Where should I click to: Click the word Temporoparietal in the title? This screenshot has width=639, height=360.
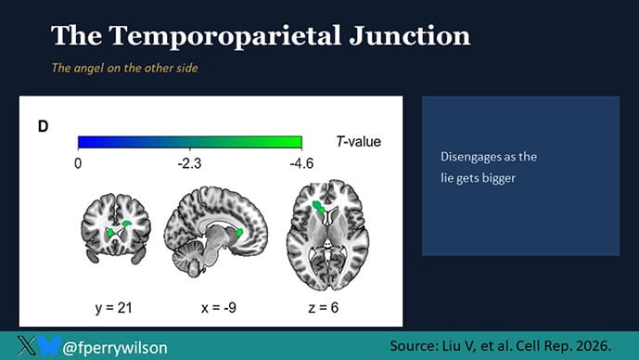225,36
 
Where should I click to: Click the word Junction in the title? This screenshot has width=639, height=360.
410,35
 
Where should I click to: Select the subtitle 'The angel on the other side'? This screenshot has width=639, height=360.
124,68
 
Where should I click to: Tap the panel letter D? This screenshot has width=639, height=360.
44,126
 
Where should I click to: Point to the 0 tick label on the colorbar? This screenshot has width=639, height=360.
78,163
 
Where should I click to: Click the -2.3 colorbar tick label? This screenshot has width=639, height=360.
189,163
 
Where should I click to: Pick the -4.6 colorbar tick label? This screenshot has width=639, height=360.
301,163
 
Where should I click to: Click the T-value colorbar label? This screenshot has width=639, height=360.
359,141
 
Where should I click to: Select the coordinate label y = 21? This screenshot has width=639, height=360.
114,307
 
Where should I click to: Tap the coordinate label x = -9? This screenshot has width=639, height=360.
219,307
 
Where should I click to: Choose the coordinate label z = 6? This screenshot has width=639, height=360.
324,307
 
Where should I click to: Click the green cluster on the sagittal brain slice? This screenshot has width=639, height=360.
239,233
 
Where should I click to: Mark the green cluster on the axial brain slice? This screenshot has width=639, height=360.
318,206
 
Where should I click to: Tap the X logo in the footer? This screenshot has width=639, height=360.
27,346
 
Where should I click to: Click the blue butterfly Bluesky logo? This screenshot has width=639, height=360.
50,345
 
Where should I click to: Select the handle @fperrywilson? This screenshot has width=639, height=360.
115,348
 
